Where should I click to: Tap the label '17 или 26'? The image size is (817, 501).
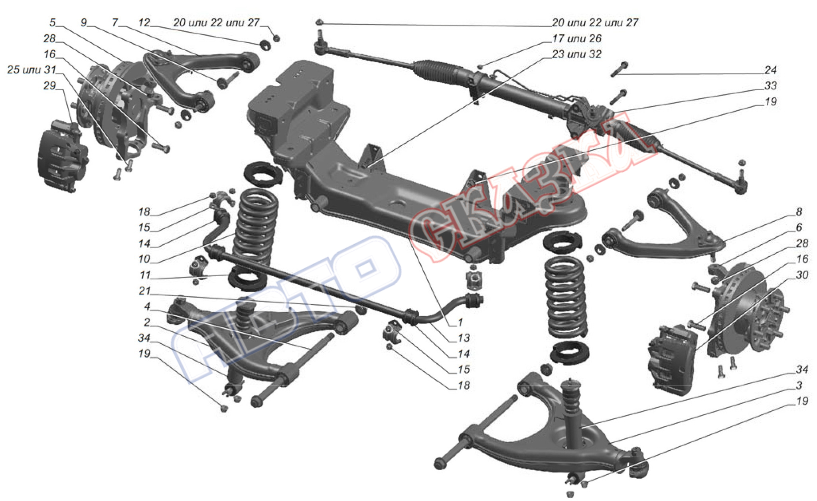(x=576, y=39)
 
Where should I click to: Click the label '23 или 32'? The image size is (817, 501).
(x=576, y=54)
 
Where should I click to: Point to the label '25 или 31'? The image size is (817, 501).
(x=32, y=70)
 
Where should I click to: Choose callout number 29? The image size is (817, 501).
(x=50, y=86)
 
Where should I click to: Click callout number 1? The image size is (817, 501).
(x=460, y=322)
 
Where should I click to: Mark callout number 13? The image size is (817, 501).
(x=463, y=338)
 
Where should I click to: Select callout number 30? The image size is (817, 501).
(x=802, y=275)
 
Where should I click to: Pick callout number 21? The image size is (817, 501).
(x=144, y=291)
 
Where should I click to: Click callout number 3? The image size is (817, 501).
(x=799, y=385)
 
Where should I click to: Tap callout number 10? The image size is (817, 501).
(x=144, y=259)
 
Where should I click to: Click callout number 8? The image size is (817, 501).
(x=799, y=212)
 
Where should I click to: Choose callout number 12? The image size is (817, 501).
(x=144, y=23)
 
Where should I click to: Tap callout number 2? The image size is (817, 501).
(x=147, y=322)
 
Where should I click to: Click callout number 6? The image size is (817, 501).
(x=799, y=228)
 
